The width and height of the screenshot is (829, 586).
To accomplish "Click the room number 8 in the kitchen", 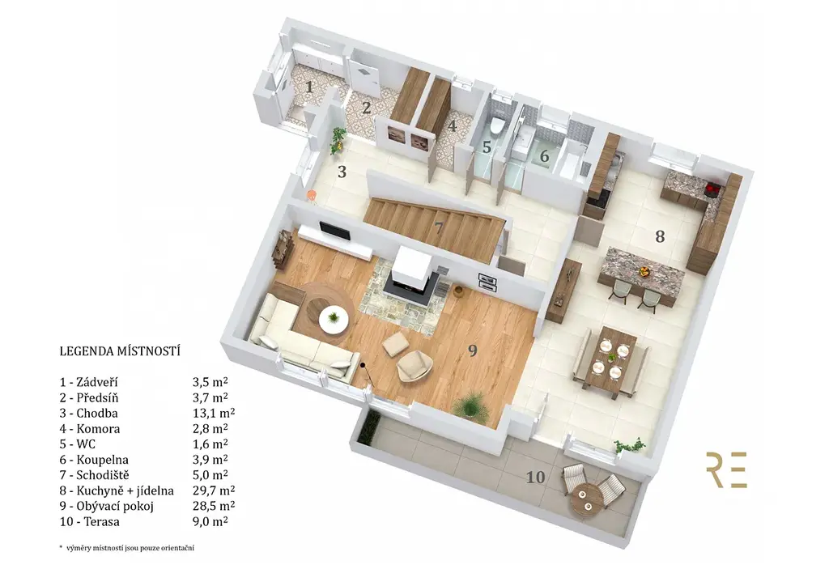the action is click(x=660, y=236).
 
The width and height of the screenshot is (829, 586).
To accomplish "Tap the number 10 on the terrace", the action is click(x=535, y=478).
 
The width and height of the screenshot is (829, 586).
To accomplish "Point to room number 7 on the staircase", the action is click(x=438, y=228).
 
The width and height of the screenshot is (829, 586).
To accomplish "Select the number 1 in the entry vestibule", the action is click(x=309, y=87).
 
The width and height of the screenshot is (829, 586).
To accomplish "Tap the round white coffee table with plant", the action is click(x=334, y=319).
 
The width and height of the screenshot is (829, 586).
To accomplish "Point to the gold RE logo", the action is click(x=726, y=469).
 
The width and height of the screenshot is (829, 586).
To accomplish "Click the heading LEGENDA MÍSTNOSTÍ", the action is click(x=120, y=350).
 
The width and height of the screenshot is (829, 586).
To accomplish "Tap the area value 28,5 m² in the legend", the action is click(x=214, y=506).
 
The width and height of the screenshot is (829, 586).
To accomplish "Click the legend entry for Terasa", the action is click(x=89, y=521).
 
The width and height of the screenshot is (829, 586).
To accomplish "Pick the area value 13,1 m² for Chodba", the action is click(x=214, y=413).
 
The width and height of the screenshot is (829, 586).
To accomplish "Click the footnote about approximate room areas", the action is click(x=126, y=548).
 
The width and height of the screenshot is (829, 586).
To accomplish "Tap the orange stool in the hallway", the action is click(x=312, y=196).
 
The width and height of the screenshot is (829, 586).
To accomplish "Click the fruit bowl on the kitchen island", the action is click(x=644, y=272).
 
